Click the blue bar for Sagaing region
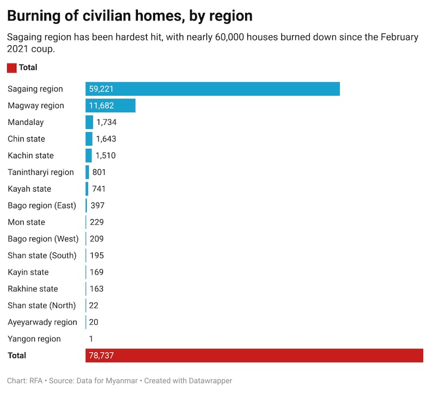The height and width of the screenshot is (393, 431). click(x=212, y=89)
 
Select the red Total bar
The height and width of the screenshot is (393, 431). click(x=254, y=355)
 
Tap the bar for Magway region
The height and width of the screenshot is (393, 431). click(x=110, y=106)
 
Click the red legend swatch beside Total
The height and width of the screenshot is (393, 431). click(x=12, y=68)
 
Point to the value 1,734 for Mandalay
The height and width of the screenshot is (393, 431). click(x=106, y=122)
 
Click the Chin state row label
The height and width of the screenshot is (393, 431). click(x=26, y=139)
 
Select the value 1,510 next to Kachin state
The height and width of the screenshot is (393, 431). click(x=106, y=156)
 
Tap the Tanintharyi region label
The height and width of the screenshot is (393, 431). click(x=40, y=172)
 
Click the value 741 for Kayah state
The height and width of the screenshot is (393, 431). click(x=99, y=189)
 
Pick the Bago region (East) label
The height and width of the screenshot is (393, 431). click(x=42, y=206)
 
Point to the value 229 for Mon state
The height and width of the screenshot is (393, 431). click(x=97, y=222)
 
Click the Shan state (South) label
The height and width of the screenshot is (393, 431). click(x=42, y=255)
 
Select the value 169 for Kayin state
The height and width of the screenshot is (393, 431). click(x=97, y=272)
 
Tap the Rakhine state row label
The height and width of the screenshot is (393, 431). click(x=33, y=289)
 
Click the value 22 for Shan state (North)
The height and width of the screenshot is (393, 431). click(x=94, y=305)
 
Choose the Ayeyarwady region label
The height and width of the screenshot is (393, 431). click(x=43, y=322)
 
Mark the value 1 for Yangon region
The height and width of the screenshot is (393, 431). click(x=91, y=339)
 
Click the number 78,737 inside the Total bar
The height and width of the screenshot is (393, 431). click(x=101, y=355)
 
